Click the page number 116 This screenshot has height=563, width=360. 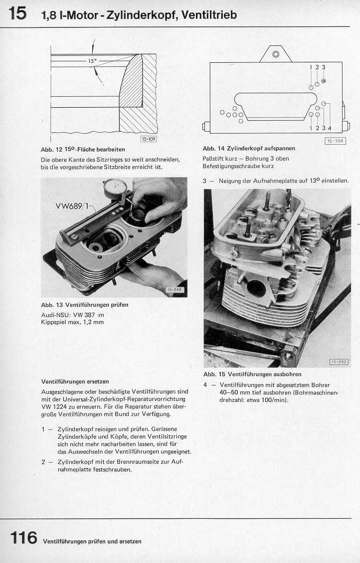click(23, 538)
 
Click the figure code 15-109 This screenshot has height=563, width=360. click(149, 139)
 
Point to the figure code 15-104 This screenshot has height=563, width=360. click(335, 141)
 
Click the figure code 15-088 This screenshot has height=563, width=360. click(175, 290)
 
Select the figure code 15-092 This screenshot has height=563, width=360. click(339, 362)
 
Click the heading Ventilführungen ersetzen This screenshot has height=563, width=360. click(75, 381)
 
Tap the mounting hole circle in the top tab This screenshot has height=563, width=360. click(275, 54)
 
